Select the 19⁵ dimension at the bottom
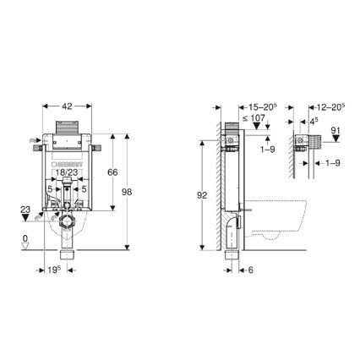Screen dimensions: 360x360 [52, 270]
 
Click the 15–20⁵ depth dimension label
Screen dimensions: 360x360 [258, 108]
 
